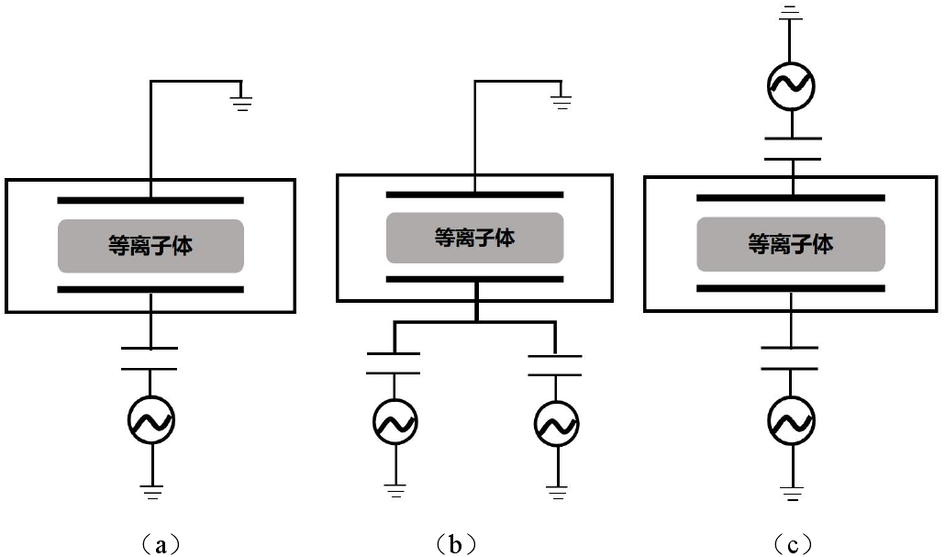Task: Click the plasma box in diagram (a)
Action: (150, 246)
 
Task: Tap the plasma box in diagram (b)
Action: (474, 238)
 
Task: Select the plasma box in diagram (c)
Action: (791, 244)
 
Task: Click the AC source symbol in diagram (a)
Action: (150, 419)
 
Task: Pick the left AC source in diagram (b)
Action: (396, 422)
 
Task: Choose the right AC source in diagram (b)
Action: (556, 423)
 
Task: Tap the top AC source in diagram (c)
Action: (791, 85)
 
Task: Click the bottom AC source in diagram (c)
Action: (791, 421)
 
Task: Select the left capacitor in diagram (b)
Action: (394, 362)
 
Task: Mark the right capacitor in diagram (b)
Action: (555, 362)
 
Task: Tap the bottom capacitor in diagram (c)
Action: (791, 357)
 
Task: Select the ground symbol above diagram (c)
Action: (791, 11)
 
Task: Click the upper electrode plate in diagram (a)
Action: (150, 199)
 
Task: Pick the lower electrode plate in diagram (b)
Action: (474, 278)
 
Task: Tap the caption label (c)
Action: (792, 545)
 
